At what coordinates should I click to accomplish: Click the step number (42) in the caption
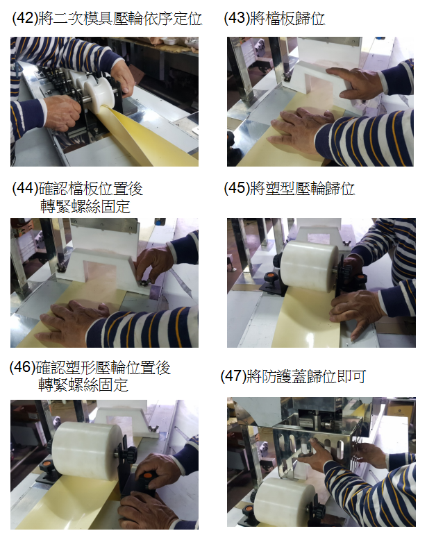coord(25,18)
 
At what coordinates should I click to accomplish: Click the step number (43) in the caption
coord(237,18)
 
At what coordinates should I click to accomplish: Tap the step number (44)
coord(25,188)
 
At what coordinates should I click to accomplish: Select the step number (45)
coord(237,188)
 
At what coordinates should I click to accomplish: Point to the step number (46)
coord(23,367)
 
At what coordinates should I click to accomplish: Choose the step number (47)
coord(233,376)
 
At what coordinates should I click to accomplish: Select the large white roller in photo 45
coord(309,267)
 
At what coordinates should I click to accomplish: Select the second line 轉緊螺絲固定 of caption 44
coord(85,207)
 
